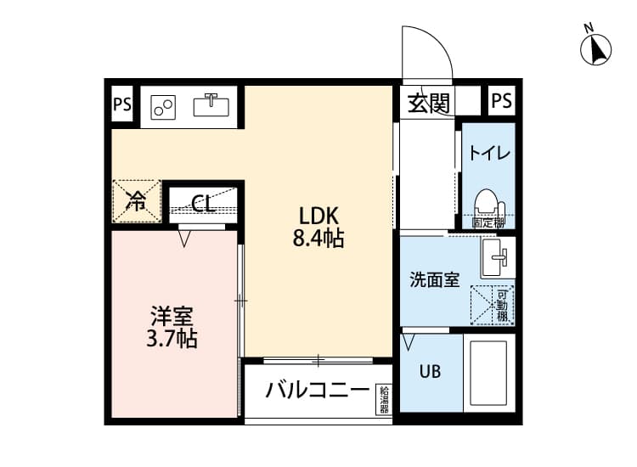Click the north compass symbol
pos(596,48)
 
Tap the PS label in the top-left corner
pos(122,105)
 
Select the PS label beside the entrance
pos(501,101)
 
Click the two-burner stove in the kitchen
pos(163,107)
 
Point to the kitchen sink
pos(211,105)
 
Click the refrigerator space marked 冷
pos(136,201)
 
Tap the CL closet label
pos(202,203)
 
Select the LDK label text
pos(317,215)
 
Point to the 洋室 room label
pos(172,317)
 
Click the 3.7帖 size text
pos(172,340)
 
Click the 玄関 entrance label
pos(428,103)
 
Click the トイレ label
pos(488,154)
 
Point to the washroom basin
pos(495,257)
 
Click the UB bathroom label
pos(429,371)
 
